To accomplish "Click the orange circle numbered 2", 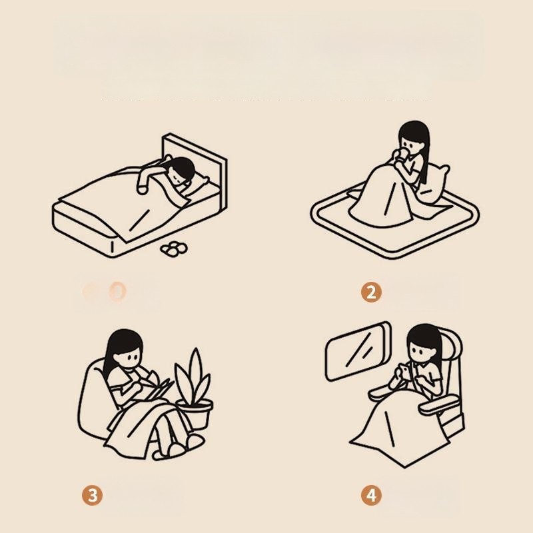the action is (x=371, y=292).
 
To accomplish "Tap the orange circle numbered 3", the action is (x=92, y=495).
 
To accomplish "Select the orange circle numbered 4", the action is (x=371, y=495).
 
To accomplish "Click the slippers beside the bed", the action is (x=174, y=249).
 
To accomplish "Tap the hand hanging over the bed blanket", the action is (x=143, y=188).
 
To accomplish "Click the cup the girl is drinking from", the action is (x=402, y=155).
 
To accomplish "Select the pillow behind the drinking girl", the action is (x=435, y=184).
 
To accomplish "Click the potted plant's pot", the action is (x=195, y=413).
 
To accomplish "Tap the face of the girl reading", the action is (x=129, y=357).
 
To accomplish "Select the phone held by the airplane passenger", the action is (x=404, y=371).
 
